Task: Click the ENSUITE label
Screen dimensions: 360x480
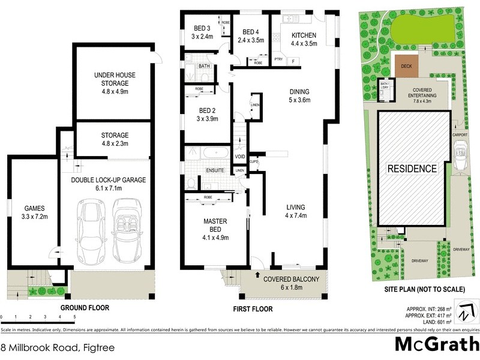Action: tap(215, 170)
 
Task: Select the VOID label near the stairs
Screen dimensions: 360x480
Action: tap(240, 157)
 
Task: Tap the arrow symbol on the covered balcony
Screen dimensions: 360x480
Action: tap(259, 277)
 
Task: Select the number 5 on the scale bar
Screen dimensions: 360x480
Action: tap(74, 316)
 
